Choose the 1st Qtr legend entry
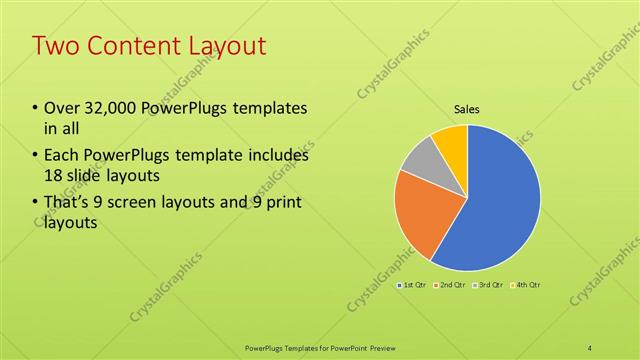click(x=413, y=286)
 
